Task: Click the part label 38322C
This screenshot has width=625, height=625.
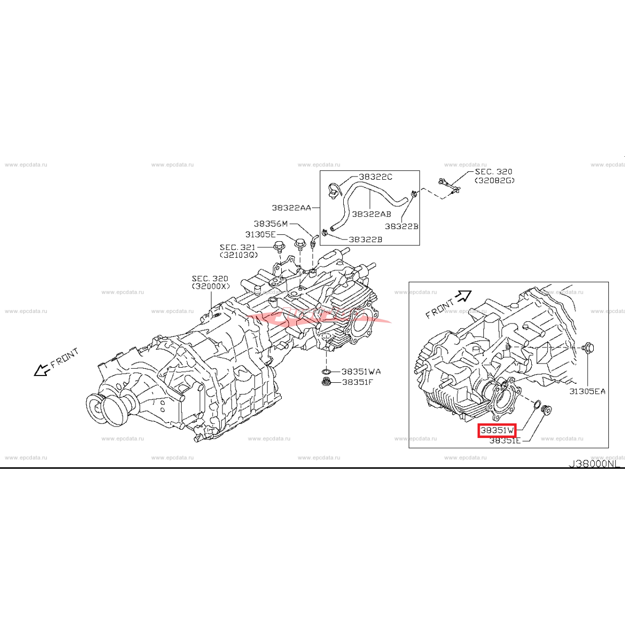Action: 376,177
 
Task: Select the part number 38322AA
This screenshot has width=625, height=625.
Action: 291,208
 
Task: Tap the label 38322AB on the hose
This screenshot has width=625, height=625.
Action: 371,214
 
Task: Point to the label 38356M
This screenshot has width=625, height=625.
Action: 270,224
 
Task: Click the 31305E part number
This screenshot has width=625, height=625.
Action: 260,235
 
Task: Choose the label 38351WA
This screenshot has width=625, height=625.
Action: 361,372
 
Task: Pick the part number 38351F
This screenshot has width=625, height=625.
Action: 357,382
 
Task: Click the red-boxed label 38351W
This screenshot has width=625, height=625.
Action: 497,431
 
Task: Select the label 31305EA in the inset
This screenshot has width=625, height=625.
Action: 587,391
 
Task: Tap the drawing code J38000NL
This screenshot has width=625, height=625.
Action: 594,464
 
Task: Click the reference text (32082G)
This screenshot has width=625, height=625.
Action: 494,181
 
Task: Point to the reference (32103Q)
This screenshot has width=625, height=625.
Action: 239,255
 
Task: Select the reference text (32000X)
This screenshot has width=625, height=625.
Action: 210,286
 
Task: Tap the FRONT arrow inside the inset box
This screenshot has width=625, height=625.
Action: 462,297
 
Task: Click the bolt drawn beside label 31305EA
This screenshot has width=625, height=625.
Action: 589,347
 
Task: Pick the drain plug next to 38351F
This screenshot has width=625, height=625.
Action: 327,383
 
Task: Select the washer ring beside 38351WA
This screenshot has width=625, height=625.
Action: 326,372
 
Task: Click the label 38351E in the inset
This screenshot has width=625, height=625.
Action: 505,441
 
